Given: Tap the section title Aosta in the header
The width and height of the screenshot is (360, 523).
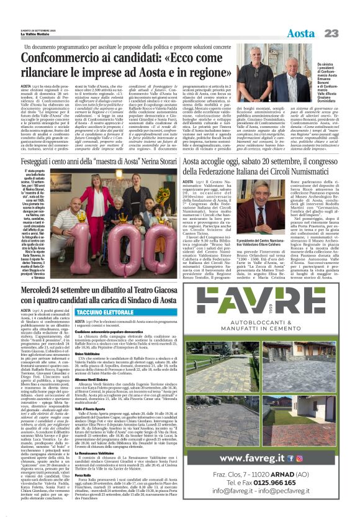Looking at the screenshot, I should (x=301, y=32).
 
